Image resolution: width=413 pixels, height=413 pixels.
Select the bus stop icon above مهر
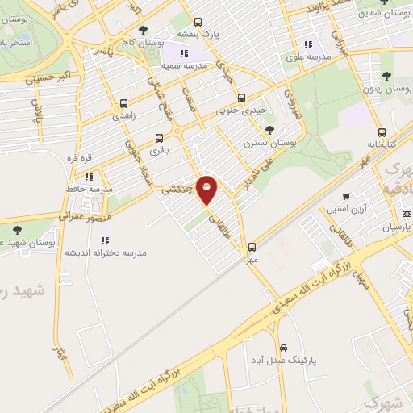(252, 247)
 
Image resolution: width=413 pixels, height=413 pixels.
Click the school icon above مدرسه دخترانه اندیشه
(105, 240)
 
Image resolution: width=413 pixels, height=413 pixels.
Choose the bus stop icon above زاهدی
(123, 103)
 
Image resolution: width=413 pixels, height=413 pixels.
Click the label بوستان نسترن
(267, 142)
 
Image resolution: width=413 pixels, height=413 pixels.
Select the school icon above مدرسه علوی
(307, 44)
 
